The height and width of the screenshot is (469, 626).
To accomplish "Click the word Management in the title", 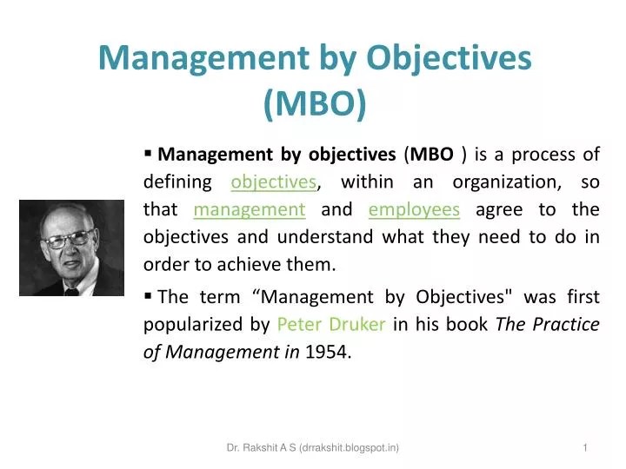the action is click(x=203, y=59).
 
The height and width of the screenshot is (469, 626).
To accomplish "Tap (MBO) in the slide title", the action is click(x=315, y=103).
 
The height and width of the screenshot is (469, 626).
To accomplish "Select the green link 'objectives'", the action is click(x=274, y=182).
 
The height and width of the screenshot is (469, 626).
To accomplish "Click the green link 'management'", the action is click(x=250, y=210).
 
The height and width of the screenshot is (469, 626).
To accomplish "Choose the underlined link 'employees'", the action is click(x=414, y=210).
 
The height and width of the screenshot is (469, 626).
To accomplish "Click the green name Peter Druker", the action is click(x=331, y=324).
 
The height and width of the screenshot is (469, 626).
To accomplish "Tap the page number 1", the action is click(x=585, y=448).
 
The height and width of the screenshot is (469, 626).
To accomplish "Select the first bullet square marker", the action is click(x=148, y=153).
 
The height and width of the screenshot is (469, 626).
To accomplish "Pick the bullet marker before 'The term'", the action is click(x=148, y=296).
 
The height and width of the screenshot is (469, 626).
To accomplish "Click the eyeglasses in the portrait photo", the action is click(x=70, y=240).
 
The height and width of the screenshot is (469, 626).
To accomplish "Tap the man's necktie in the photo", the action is click(x=71, y=292).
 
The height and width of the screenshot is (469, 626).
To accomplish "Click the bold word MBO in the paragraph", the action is click(x=431, y=155).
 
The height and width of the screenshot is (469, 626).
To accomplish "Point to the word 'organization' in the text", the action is click(x=507, y=182).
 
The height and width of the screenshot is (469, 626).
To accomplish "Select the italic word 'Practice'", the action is click(x=566, y=324).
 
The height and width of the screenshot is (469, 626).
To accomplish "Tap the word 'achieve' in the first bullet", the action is click(x=250, y=264).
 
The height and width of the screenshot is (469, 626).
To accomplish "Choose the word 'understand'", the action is click(x=325, y=236).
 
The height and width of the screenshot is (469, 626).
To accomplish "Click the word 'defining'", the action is click(x=177, y=182).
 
